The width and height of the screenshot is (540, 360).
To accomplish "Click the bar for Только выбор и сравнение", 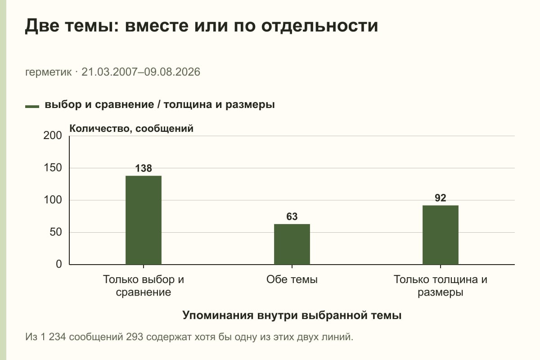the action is pos(144,220).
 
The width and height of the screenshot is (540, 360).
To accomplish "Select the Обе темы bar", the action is pos(292,244).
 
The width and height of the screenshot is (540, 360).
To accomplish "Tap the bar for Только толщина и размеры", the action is pos(441,235).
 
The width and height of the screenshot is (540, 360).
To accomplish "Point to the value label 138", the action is pos(144,168).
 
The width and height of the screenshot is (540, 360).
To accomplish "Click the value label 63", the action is pos(292,216).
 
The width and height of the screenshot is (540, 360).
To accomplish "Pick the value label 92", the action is pos(441,198).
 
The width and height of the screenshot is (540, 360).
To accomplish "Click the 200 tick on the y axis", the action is pos(53,135).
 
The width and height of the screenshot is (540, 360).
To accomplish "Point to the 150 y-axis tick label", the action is pos(53,168).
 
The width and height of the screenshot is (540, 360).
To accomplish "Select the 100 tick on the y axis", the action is pos(53,200).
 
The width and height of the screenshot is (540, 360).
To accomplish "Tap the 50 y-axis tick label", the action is pos(56,232).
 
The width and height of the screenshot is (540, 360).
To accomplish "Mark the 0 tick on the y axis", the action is pos(59,264).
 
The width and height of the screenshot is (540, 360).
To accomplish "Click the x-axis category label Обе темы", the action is pos(292,279).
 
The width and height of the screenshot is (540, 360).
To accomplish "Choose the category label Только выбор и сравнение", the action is pos(144,286).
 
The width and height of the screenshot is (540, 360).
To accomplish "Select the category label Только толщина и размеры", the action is pos(441,286).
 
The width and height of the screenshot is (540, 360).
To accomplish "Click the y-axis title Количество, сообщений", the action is pos(131,129).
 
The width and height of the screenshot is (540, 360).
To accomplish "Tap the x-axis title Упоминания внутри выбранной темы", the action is pos(292,315).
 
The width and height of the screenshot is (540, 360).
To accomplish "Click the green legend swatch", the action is pos(32,107).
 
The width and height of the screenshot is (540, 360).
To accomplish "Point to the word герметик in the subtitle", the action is pos(48,72).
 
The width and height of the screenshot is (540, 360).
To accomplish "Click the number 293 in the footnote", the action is pos(135,337).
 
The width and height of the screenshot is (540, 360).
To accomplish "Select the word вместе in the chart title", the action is pos(157,26).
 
